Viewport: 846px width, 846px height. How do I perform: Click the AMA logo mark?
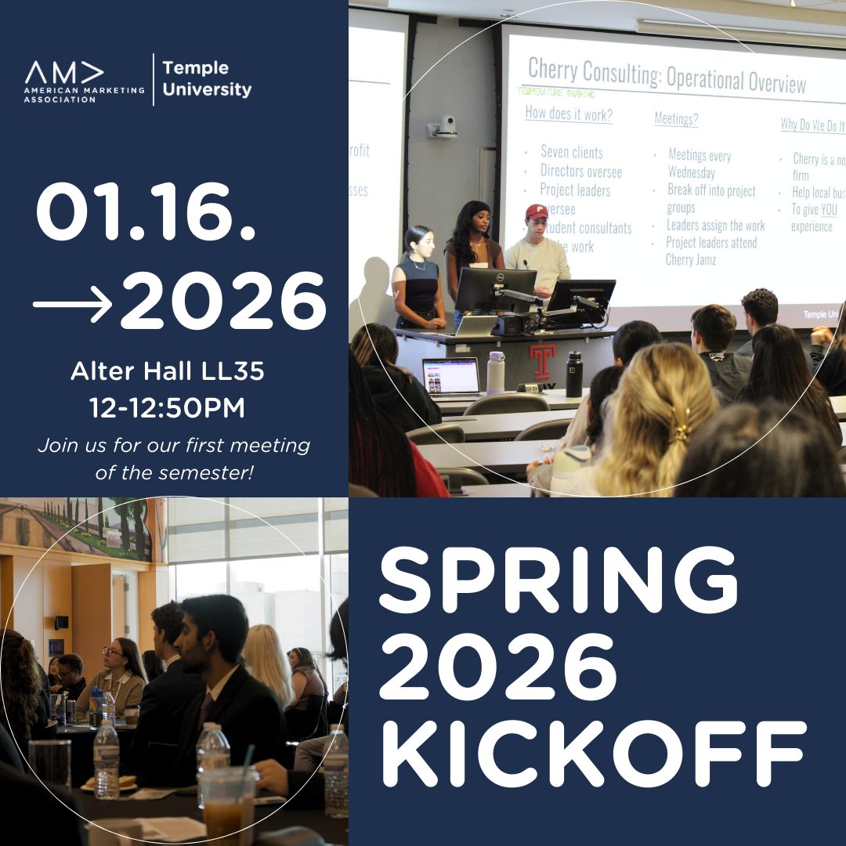pos(64,73)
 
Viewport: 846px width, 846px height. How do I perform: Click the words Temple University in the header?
pos(207,79)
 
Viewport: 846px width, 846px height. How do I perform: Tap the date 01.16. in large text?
pos(146,214)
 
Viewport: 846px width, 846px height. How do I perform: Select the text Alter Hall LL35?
pos(168,371)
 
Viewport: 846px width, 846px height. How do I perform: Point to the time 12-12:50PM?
pos(168,408)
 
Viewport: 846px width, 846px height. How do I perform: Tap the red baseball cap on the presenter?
pos(537,211)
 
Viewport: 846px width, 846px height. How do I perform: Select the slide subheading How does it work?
pos(569,114)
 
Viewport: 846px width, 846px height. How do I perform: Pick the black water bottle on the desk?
pos(574,374)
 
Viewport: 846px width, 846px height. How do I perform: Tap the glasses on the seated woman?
pos(113,652)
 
